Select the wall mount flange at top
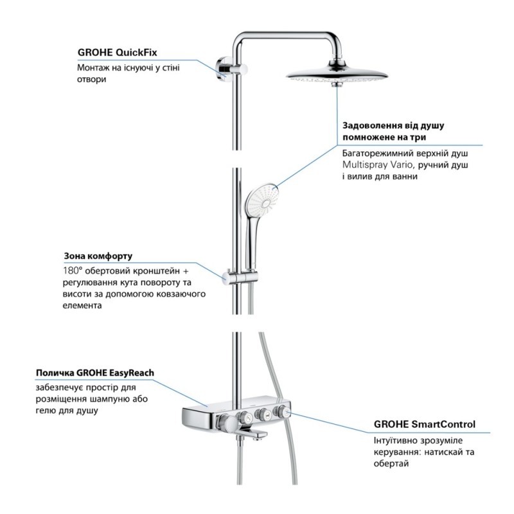pyautogui.click(x=220, y=67)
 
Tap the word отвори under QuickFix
pyautogui.click(x=91, y=80)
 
